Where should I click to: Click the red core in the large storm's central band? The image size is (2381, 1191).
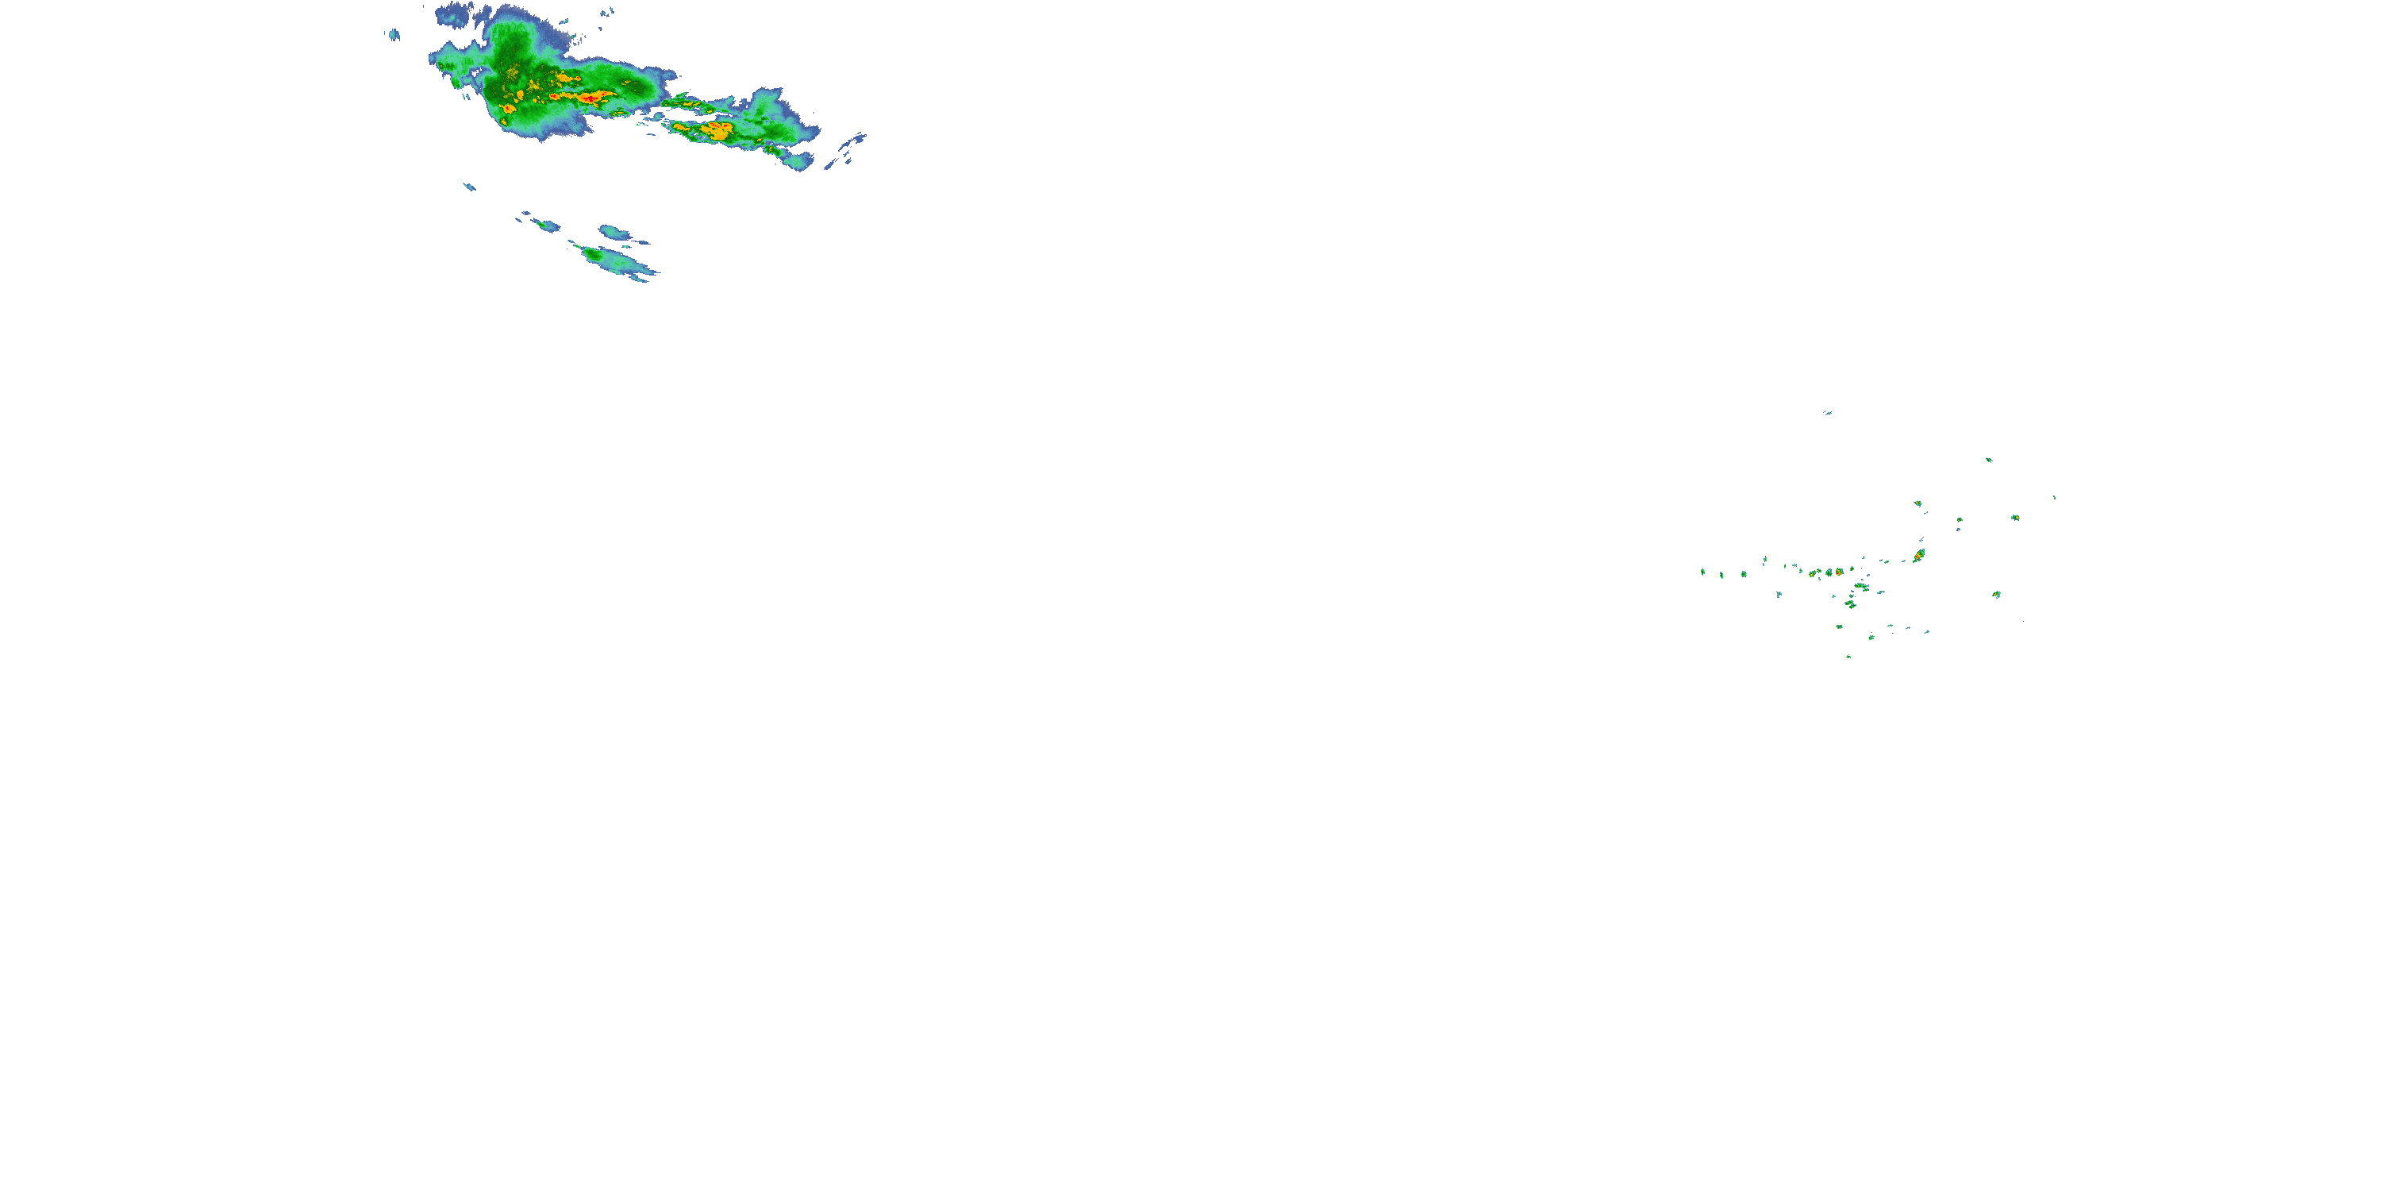pos(589,96)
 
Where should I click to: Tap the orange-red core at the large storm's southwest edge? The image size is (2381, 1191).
pos(507,109)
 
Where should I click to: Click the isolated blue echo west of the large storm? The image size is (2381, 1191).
pos(394,35)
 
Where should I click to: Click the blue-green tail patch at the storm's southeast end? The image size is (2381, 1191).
pos(798,161)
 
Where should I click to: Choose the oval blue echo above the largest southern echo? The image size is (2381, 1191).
pos(613,231)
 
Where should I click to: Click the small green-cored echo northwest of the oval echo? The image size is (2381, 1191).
pos(545,225)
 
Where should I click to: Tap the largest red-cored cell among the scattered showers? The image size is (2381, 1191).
pos(1919,555)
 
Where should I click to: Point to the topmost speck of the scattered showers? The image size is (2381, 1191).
pos(1827,412)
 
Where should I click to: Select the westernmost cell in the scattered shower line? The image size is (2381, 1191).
pos(1702,572)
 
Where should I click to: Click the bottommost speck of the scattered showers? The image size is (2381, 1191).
pos(1848,657)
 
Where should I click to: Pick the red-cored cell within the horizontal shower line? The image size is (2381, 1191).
pos(1840,572)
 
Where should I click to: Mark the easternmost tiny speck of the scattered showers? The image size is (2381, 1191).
pos(2054,498)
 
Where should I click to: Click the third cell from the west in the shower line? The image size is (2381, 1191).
pos(1743,574)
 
